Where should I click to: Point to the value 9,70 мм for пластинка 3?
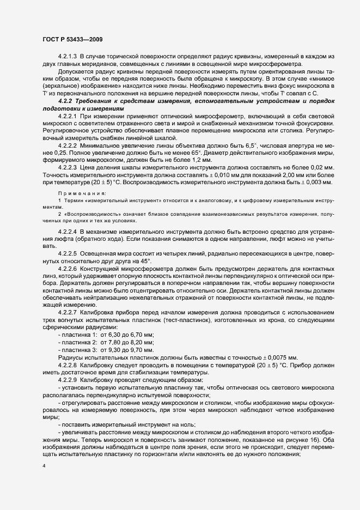point(142,350)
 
